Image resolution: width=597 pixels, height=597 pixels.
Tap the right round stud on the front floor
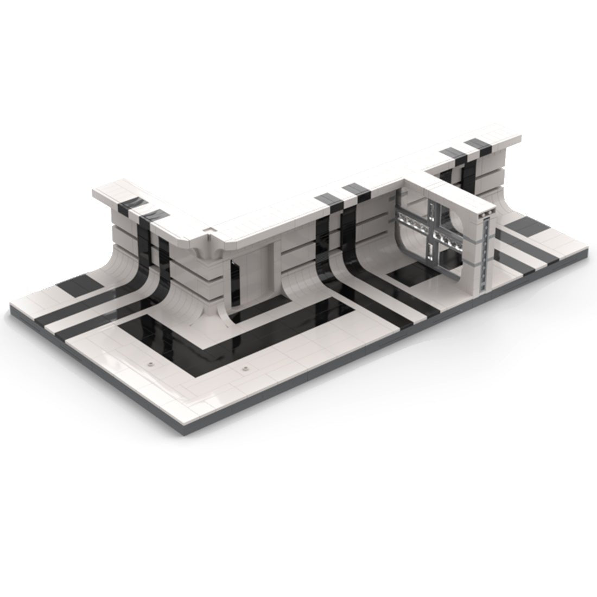pos(246,369)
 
